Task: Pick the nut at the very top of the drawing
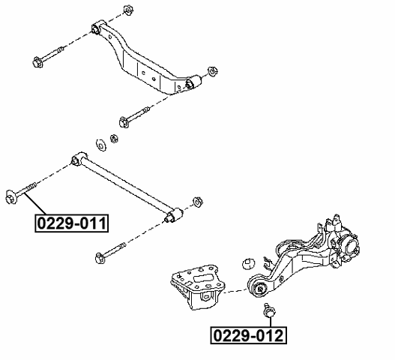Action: [125, 11]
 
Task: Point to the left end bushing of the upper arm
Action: [96, 28]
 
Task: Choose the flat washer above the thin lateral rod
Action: [100, 143]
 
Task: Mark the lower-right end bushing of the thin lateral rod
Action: [172, 217]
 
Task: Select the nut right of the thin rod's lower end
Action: [199, 201]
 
